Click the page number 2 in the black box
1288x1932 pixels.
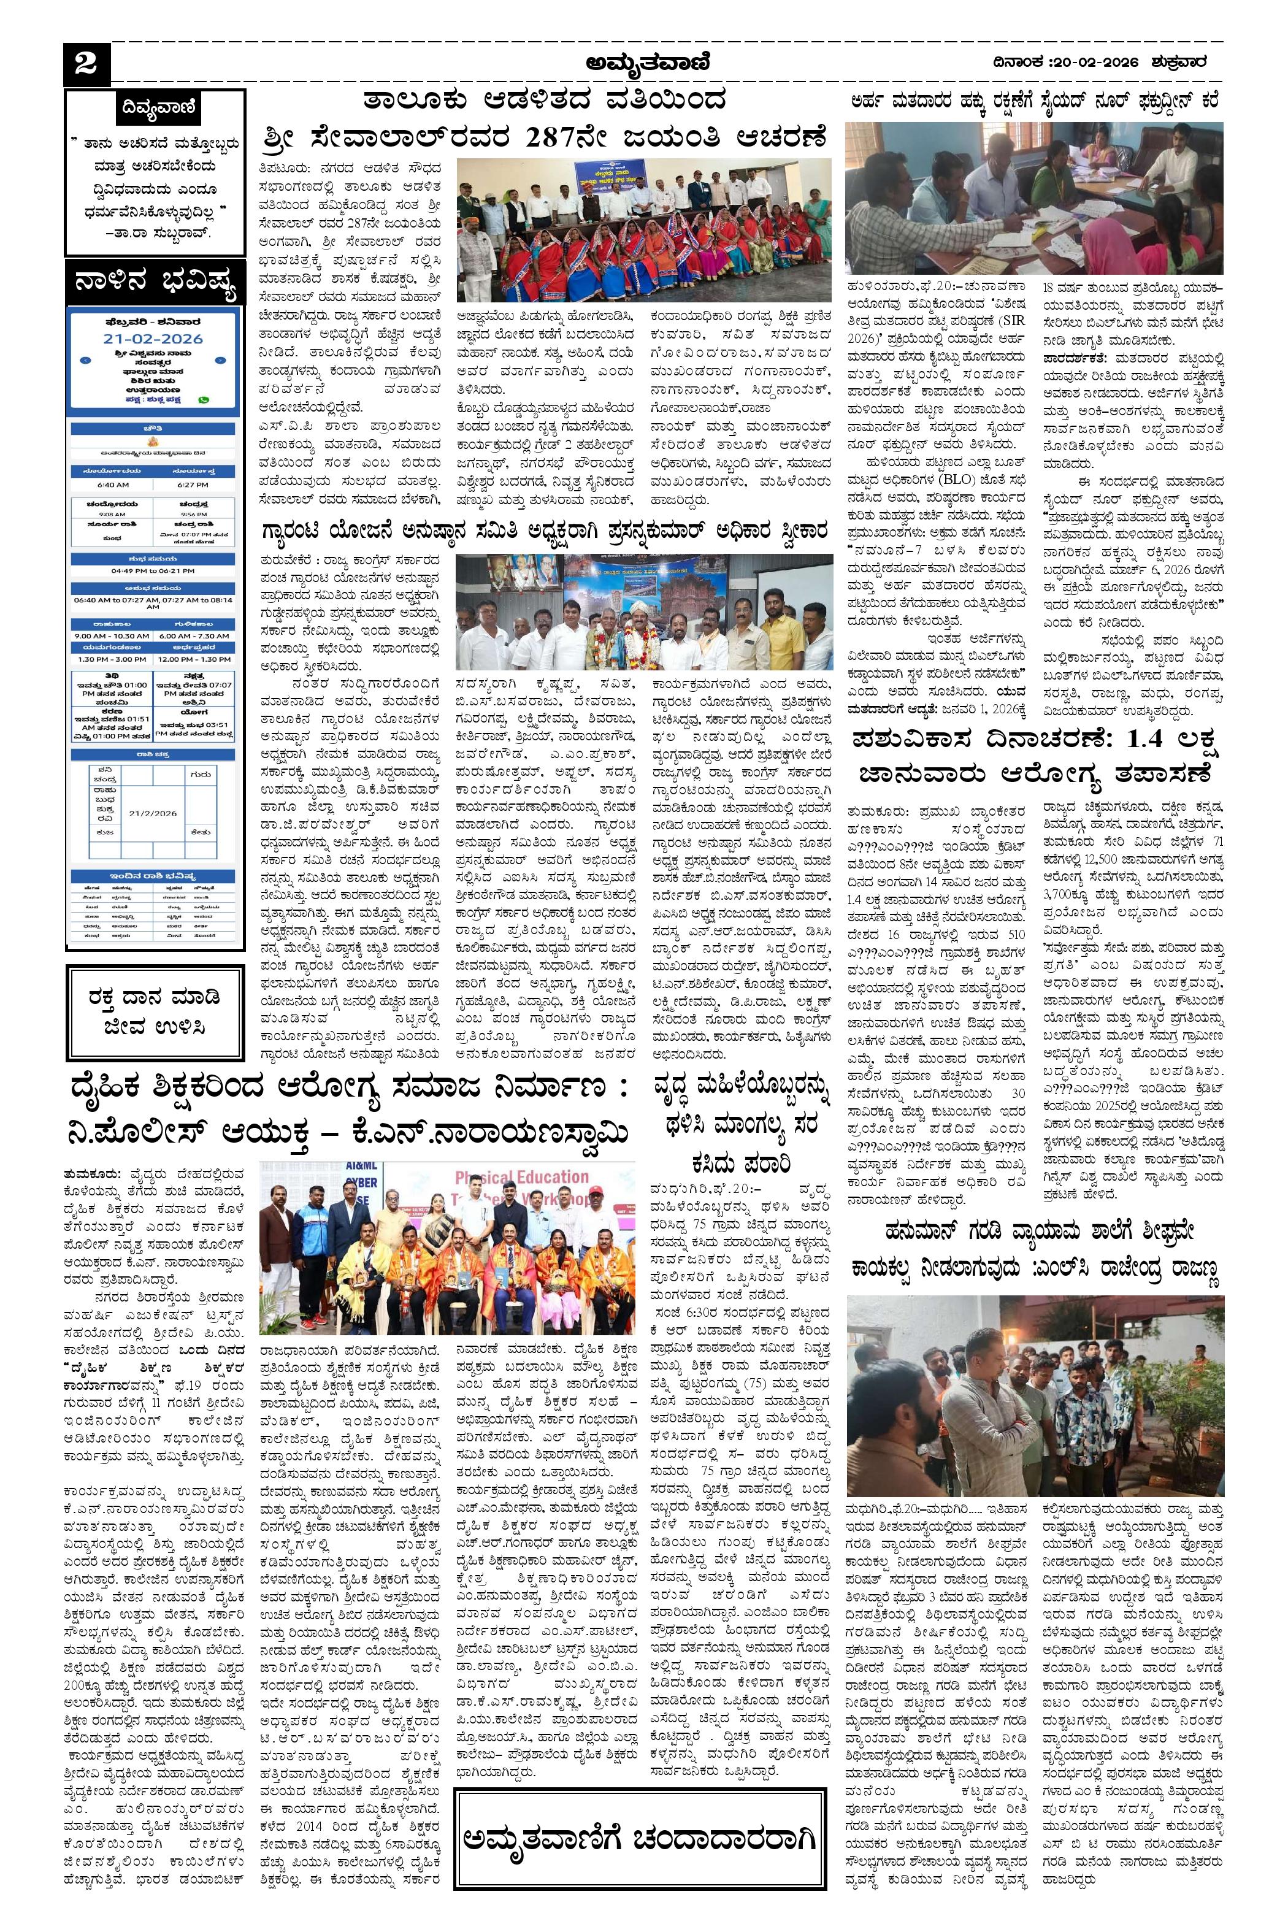click(x=85, y=64)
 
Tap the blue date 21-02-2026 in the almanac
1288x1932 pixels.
click(x=152, y=339)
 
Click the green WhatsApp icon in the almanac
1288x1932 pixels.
click(x=204, y=399)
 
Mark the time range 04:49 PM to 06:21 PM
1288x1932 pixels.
click(x=153, y=570)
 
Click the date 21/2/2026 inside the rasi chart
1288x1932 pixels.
click(x=153, y=813)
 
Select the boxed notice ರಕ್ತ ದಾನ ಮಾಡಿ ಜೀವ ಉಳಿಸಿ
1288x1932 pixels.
click(x=155, y=1010)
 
